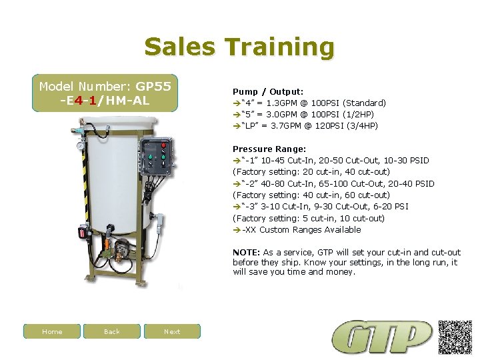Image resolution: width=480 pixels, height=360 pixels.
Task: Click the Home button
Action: click(52, 331)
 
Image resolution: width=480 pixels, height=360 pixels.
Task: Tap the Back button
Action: click(112, 331)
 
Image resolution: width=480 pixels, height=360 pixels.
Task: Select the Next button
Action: click(172, 331)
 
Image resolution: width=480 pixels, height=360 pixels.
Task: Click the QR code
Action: click(455, 337)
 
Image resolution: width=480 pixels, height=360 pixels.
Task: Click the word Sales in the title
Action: click(179, 47)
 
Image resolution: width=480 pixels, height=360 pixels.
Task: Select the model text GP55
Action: click(153, 86)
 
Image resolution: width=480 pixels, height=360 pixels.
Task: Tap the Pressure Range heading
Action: click(269, 149)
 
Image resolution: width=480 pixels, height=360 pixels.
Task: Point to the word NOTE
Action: click(246, 253)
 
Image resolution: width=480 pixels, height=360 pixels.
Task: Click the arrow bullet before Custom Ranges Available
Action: click(237, 230)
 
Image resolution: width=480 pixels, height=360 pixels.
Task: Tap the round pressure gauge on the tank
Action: click(81, 145)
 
